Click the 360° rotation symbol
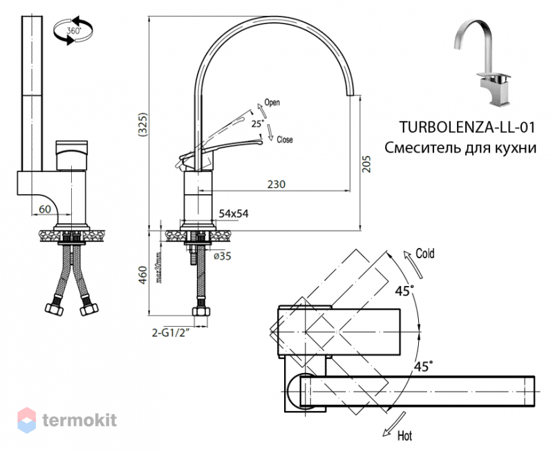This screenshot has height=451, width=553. [73, 30]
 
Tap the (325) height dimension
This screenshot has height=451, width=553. [143, 124]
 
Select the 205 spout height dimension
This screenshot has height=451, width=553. [367, 164]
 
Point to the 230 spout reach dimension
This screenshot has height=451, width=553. [276, 184]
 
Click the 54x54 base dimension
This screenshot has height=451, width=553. [234, 213]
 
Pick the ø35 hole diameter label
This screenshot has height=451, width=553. [223, 256]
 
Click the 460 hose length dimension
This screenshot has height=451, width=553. [143, 276]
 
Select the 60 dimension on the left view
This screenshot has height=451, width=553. [45, 209]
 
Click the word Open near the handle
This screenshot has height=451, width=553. [272, 102]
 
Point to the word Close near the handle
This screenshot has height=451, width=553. [285, 140]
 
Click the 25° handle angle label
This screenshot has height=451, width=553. [258, 124]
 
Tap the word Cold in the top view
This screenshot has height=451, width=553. [425, 253]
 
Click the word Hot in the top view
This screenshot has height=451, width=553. [404, 436]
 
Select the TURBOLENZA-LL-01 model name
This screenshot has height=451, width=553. [467, 127]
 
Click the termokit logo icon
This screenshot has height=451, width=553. [26, 420]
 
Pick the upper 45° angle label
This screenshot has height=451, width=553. [404, 291]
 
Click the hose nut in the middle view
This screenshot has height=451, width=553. [201, 311]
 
